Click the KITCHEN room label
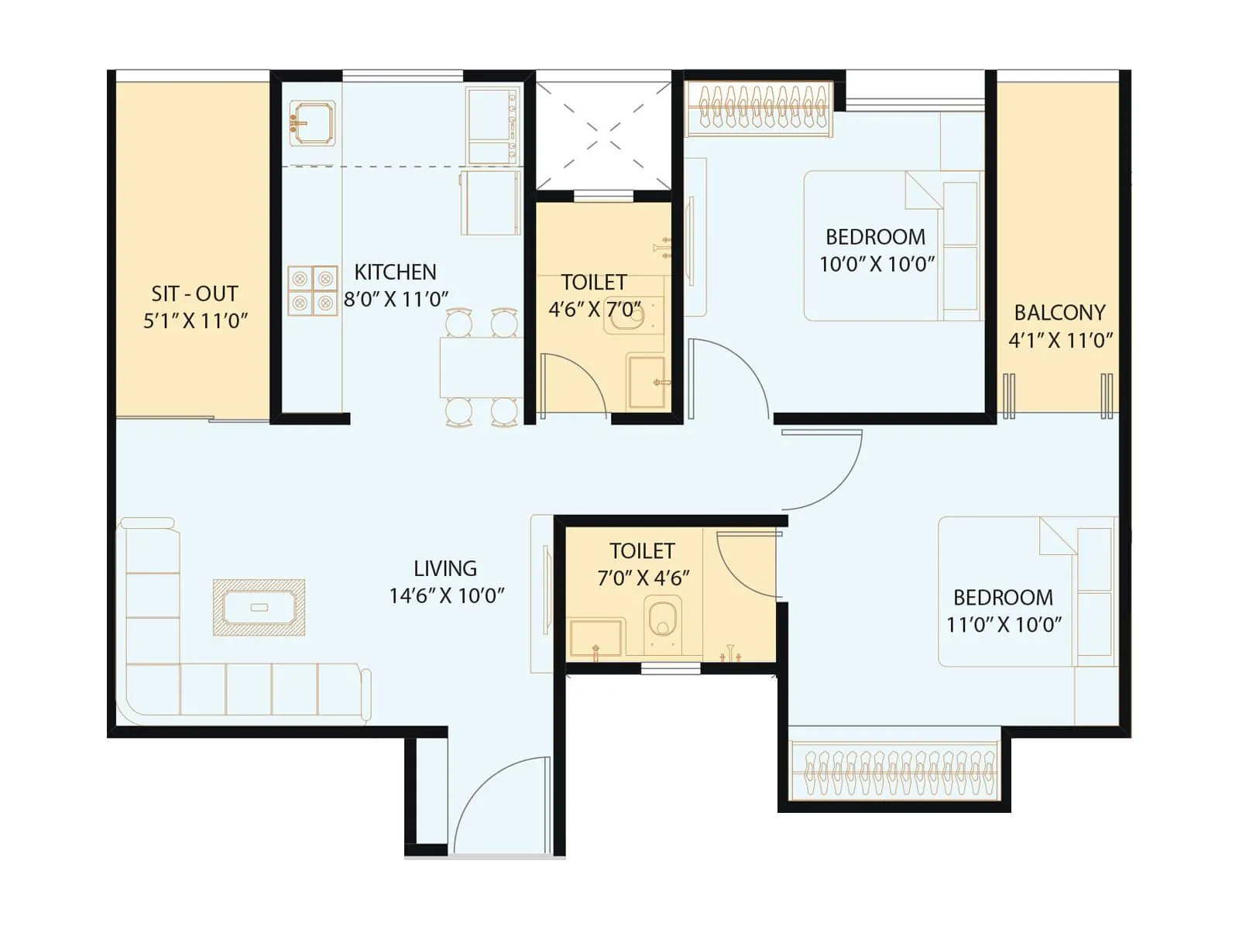[x=395, y=272]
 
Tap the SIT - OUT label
[x=194, y=293]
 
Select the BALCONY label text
[x=1059, y=313]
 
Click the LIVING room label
[x=444, y=568]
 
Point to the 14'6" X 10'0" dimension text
[x=446, y=595]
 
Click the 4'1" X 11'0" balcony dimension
[x=1060, y=340]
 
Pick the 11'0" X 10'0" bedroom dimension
[x=1004, y=624]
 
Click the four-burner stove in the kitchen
[x=313, y=290]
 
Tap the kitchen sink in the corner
[x=312, y=123]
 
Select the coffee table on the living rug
[x=259, y=607]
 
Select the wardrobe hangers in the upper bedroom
[x=760, y=107]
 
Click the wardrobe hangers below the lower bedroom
[x=894, y=771]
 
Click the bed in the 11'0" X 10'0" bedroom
[x=1007, y=592]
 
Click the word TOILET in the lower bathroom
[x=642, y=550]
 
